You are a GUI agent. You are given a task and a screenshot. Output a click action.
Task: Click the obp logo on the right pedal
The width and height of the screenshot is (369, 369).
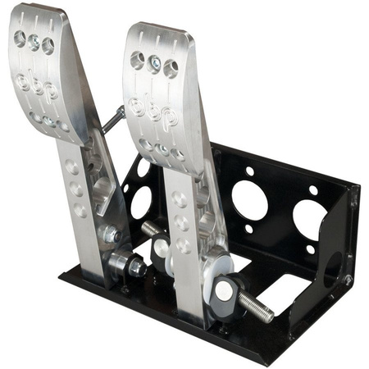(154, 111)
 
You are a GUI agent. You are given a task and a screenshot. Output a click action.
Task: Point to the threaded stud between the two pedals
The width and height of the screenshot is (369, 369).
(149, 229)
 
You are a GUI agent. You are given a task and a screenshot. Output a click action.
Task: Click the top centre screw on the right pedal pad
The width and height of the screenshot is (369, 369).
(154, 62)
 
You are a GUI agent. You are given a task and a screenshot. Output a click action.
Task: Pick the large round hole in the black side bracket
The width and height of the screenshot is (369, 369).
(334, 270)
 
